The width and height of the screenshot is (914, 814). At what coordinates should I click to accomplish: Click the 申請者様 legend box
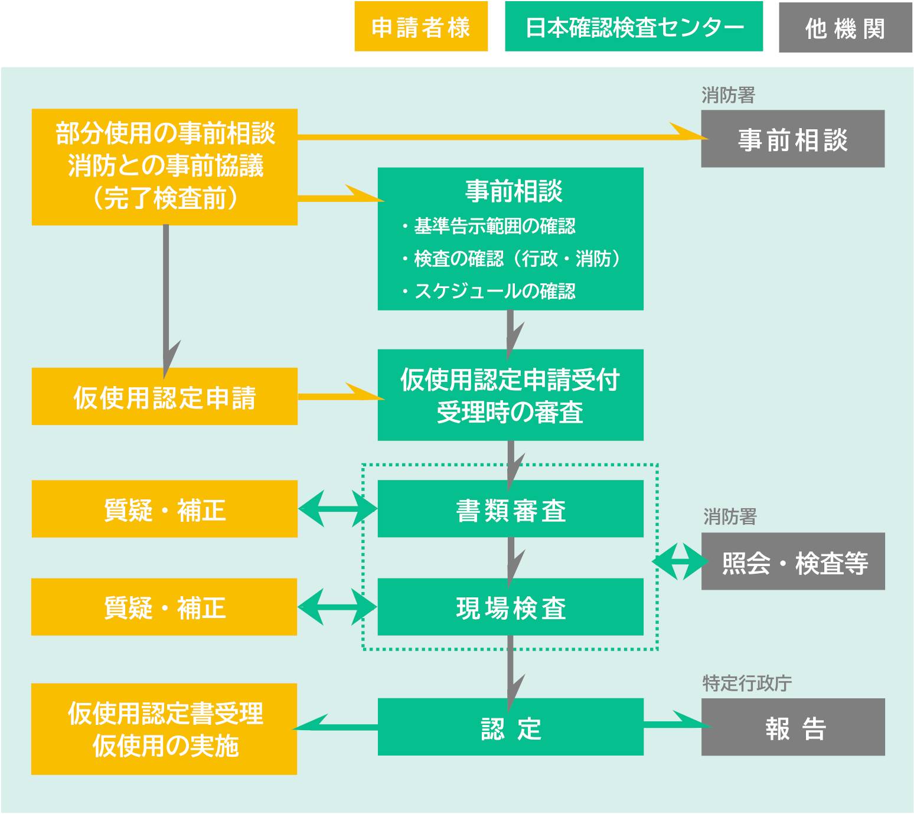click(421, 27)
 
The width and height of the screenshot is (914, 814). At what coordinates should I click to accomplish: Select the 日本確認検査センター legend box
click(634, 27)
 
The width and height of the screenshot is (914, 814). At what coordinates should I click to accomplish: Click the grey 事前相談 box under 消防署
click(792, 139)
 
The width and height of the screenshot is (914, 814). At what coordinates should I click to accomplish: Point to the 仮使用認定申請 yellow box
click(164, 397)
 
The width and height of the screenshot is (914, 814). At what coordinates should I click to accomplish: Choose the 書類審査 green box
click(510, 509)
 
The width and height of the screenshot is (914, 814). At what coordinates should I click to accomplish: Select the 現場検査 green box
click(510, 607)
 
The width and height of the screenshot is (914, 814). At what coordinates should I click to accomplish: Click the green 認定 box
click(510, 727)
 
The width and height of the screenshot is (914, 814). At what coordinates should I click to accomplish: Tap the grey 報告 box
click(792, 727)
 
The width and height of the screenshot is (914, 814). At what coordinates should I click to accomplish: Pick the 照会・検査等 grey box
click(792, 561)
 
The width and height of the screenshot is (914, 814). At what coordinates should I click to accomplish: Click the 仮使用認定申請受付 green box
click(510, 395)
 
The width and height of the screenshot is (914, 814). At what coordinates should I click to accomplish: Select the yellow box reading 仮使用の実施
click(164, 730)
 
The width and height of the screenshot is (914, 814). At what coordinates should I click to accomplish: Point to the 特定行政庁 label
click(746, 683)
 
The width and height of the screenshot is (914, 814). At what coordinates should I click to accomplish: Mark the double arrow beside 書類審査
click(338, 508)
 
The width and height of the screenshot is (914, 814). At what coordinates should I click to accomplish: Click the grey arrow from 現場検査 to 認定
click(510, 667)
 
